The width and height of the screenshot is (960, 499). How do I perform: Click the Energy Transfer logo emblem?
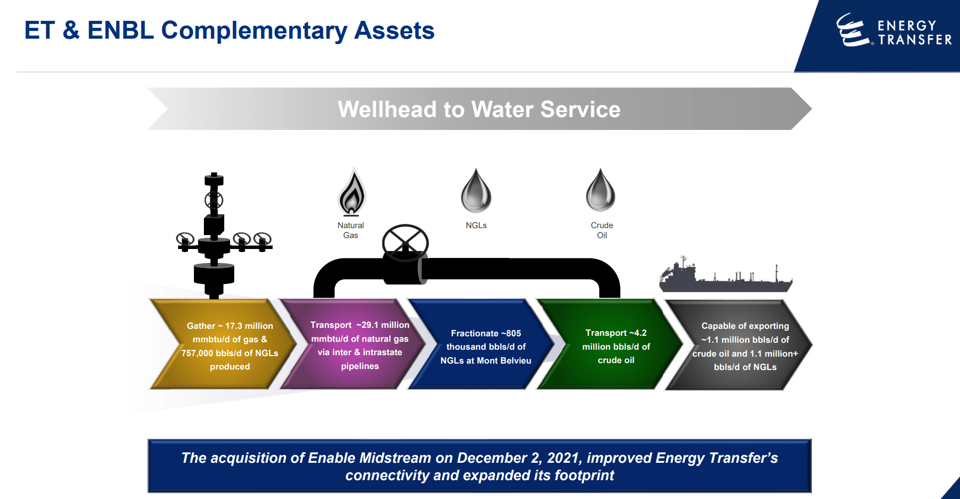[852, 30]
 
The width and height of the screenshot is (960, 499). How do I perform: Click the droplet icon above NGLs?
[476, 192]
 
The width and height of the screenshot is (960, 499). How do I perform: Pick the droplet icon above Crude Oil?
[600, 191]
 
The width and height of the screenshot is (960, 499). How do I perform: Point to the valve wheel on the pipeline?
[405, 243]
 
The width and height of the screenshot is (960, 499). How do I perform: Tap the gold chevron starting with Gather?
[223, 345]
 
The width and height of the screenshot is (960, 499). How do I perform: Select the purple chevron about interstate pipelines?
[355, 345]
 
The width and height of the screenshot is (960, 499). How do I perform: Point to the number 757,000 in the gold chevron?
[196, 353]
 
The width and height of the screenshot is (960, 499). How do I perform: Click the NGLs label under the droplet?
[476, 225]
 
